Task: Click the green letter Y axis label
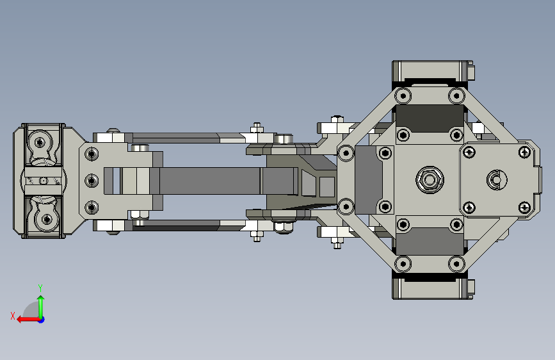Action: coord(40,288)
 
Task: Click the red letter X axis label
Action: coord(13,316)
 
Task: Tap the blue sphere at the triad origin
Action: coord(42,320)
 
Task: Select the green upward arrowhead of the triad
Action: coord(41,299)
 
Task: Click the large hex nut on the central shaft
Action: coord(430,180)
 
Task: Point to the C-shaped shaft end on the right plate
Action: coord(497,180)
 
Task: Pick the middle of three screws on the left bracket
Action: coord(92,181)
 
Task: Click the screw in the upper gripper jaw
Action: coord(40,143)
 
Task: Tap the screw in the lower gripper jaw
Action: coord(46,218)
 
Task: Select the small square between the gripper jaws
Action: coord(43,181)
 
